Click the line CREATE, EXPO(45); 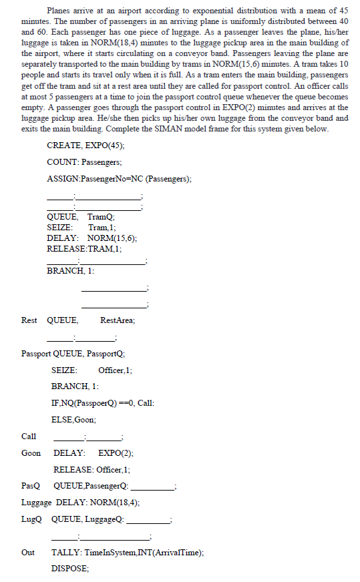(x=85, y=145)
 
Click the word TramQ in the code (x=102, y=217)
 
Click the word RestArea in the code (x=117, y=320)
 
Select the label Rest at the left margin (x=29, y=320)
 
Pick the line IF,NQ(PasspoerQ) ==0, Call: (x=104, y=403)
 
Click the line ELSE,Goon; (x=73, y=420)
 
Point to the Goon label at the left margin (x=31, y=453)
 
